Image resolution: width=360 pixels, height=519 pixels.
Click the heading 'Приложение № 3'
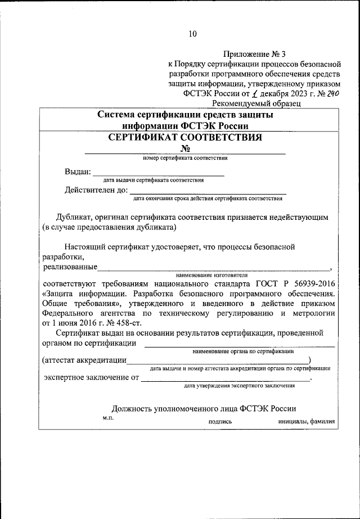coord(254,55)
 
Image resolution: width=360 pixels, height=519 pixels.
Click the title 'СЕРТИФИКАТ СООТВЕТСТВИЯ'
coord(185,137)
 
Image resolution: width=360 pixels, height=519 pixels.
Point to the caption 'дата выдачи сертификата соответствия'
coord(154,180)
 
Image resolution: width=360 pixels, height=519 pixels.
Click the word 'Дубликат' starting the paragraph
coord(74,216)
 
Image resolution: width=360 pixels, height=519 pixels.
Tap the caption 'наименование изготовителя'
coord(211,276)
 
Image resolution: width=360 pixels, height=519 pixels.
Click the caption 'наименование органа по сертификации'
coord(243,350)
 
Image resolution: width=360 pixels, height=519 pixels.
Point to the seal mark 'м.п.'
coord(108,418)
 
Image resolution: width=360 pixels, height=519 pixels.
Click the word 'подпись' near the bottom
coord(220,420)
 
